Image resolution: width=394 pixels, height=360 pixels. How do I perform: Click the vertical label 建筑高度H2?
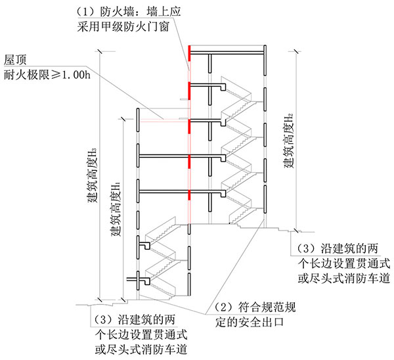point(288,138)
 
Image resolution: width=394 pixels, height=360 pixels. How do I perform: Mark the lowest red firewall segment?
point(189,195)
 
